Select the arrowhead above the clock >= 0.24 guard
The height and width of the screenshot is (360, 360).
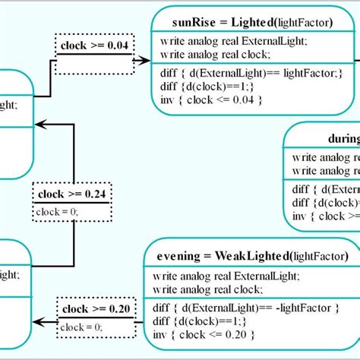(42, 124)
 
